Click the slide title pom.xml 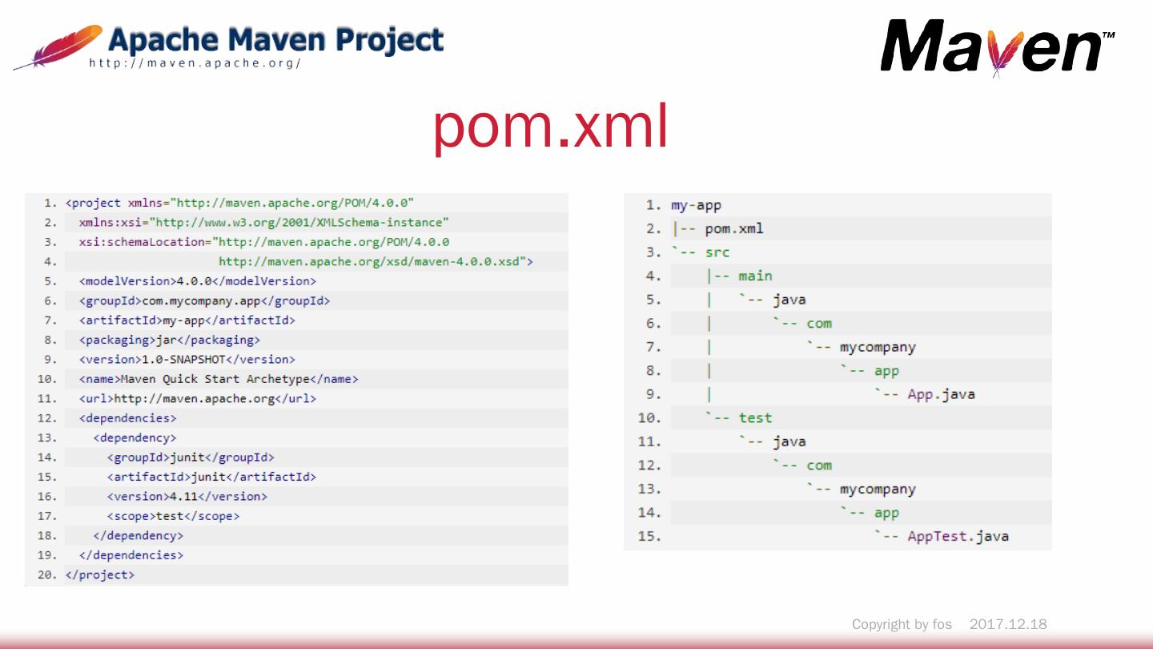551,128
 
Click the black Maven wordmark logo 993,46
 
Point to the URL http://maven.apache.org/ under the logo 195,63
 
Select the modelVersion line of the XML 198,281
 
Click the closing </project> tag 100,574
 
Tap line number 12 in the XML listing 47,418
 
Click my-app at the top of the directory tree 696,205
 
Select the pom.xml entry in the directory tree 733,229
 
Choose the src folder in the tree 717,252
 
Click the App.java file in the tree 941,394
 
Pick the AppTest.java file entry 958,536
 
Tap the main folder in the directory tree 755,276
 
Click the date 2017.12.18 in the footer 1008,624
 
